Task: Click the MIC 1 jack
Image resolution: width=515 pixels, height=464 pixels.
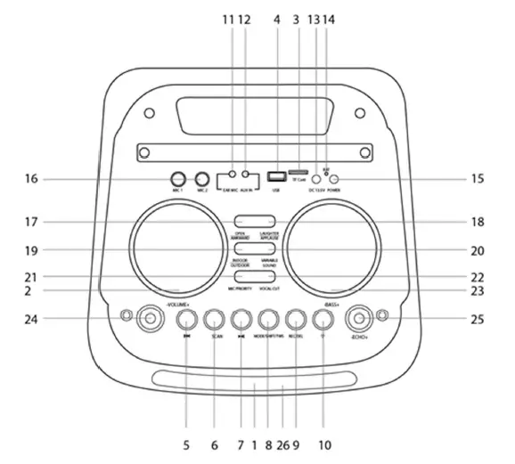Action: pos(178,178)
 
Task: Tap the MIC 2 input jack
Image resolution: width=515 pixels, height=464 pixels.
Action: pos(202,178)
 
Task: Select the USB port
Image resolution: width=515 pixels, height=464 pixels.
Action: pos(276,176)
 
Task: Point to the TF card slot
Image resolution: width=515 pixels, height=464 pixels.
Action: pos(298,172)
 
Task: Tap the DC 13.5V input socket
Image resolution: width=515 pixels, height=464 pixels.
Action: pos(316,180)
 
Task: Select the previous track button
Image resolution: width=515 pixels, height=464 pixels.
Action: pos(186,320)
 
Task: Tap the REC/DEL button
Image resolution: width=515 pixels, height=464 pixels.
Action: pos(297,320)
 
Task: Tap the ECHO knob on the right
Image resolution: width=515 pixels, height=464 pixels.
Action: pos(361,316)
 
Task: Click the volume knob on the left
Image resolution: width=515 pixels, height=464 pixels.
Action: pos(143,316)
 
